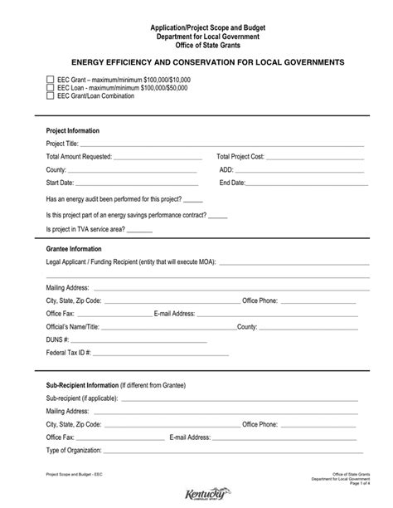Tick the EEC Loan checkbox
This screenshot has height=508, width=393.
pyautogui.click(x=50, y=86)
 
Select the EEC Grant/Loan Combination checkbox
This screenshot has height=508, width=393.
pyautogui.click(x=50, y=95)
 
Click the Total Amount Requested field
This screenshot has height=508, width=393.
pyautogui.click(x=157, y=157)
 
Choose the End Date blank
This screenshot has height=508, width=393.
pyautogui.click(x=306, y=183)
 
